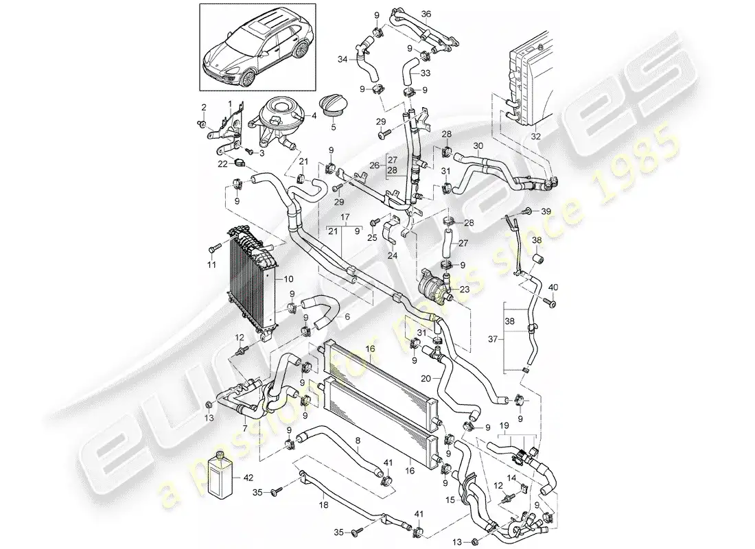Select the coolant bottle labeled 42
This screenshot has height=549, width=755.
pyautogui.click(x=222, y=476)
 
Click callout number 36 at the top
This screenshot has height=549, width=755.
pyautogui.click(x=426, y=14)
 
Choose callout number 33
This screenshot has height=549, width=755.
pyautogui.click(x=426, y=73)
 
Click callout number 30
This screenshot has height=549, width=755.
pyautogui.click(x=478, y=145)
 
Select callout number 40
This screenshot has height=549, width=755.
pyautogui.click(x=554, y=286)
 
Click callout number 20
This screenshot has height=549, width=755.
pyautogui.click(x=425, y=378)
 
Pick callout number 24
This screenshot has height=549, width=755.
pyautogui.click(x=392, y=255)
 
